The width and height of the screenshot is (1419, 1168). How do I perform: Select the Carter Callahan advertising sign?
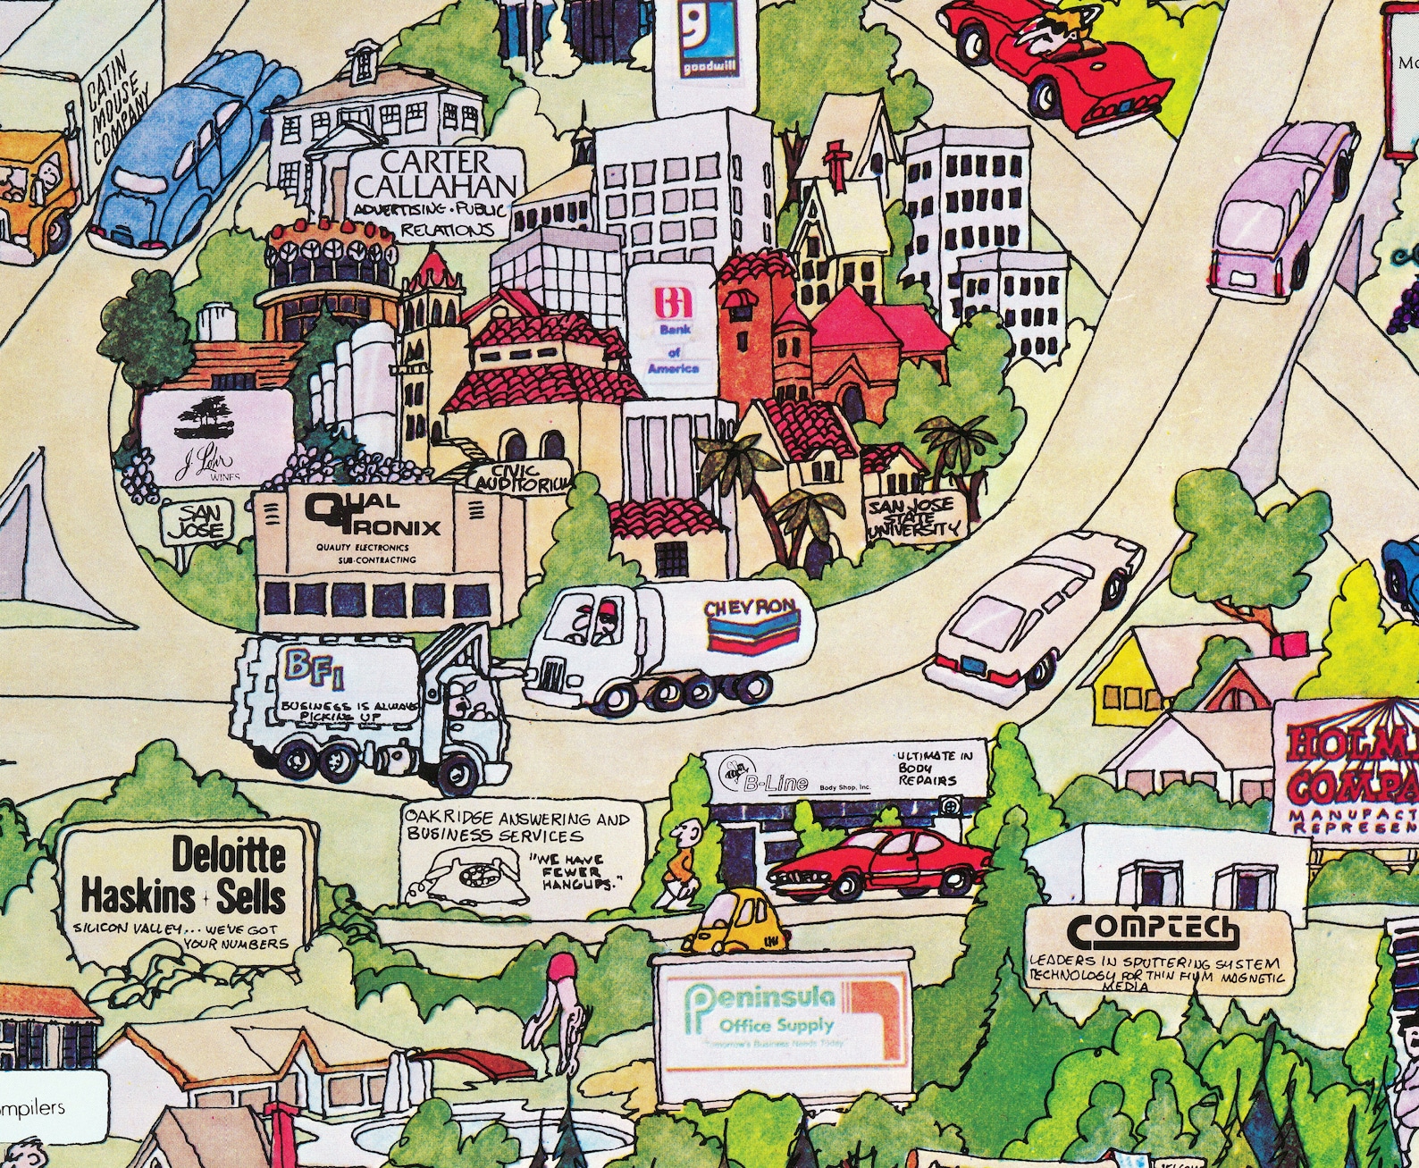point(435,192)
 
